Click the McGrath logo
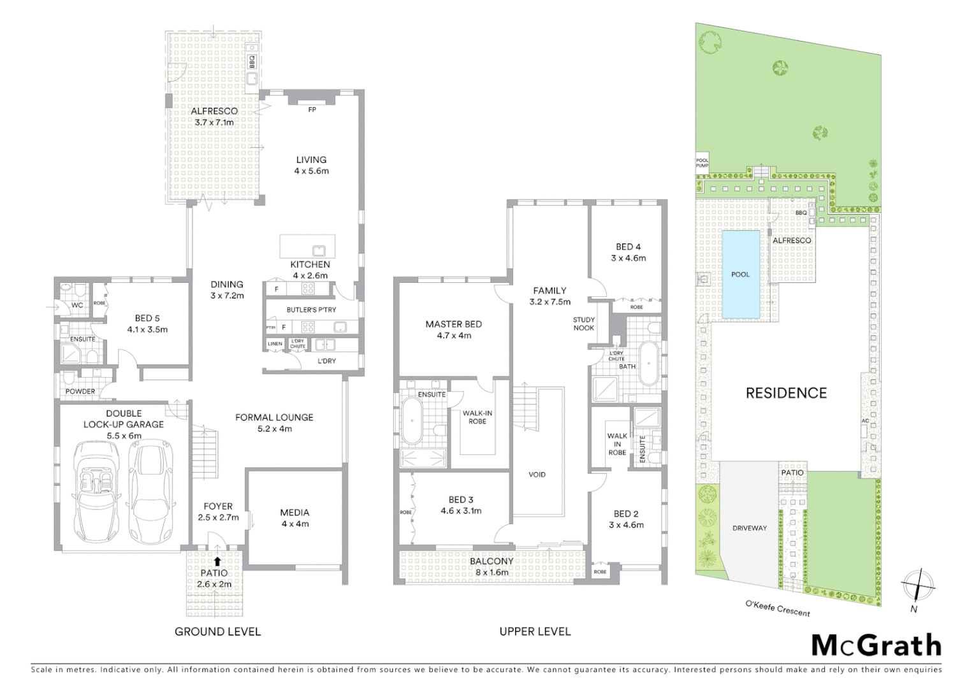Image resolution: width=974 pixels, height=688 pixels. (x=876, y=645)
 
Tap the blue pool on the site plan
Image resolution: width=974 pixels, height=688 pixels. (x=740, y=275)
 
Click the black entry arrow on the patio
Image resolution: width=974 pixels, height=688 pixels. (x=217, y=561)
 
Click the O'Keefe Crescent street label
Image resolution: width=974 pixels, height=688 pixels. (x=778, y=608)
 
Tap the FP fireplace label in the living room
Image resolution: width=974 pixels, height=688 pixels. (x=312, y=110)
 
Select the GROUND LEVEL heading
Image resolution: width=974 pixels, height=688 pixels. (x=217, y=632)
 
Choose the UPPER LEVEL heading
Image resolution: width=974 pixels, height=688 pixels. (x=535, y=632)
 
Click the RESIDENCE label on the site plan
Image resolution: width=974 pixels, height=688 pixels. (x=786, y=393)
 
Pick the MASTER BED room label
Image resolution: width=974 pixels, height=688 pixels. (x=453, y=324)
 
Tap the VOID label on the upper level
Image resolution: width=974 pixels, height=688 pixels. (x=537, y=475)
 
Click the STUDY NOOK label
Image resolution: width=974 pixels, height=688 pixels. (x=583, y=324)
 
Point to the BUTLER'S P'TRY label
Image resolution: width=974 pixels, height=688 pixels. (x=311, y=310)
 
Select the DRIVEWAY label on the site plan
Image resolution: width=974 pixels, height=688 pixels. (x=750, y=528)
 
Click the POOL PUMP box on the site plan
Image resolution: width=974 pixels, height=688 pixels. (x=702, y=163)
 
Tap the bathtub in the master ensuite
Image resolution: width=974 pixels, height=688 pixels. (x=412, y=421)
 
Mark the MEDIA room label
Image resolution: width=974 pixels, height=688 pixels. (x=294, y=512)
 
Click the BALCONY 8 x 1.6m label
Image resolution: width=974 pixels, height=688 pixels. (x=491, y=566)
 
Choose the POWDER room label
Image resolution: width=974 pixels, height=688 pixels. (x=80, y=391)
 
